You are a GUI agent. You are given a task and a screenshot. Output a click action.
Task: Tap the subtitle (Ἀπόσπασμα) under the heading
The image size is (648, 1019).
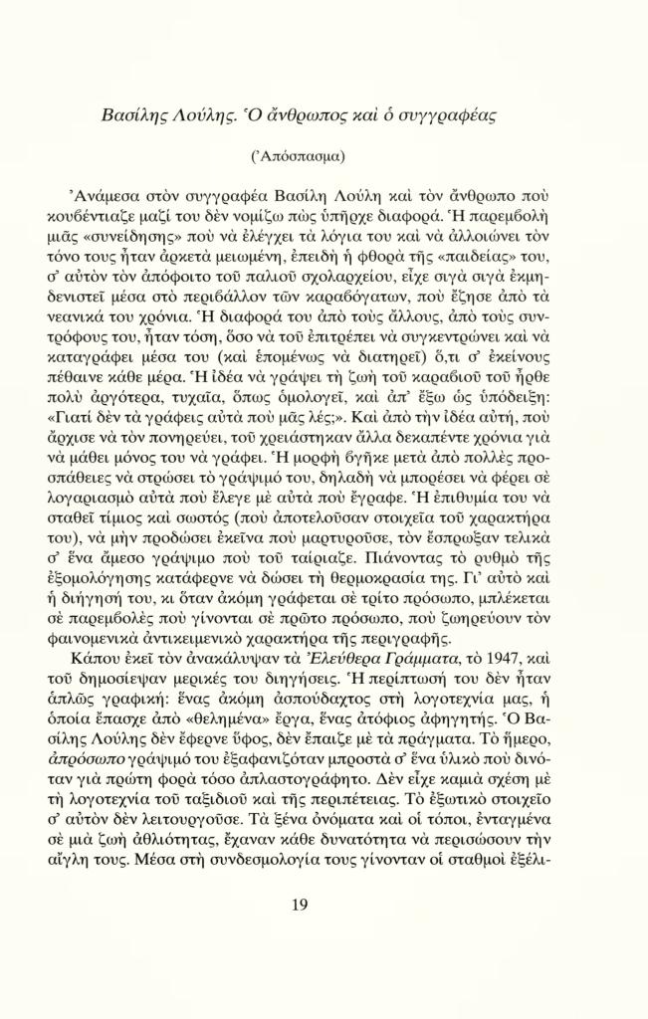pos(299,157)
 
